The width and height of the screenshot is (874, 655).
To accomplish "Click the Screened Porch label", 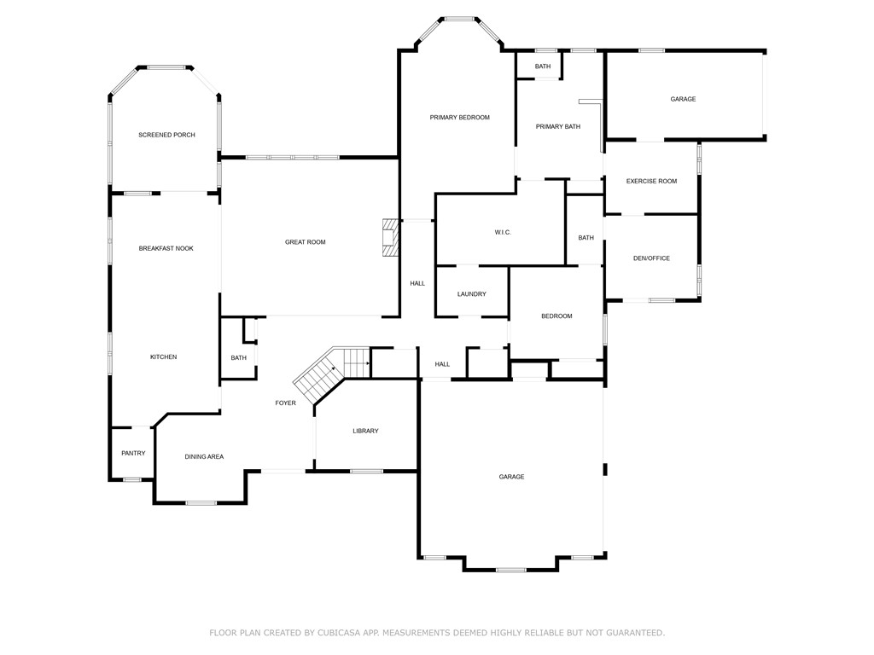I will (166, 135).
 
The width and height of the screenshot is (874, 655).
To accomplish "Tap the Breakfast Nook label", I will (166, 248).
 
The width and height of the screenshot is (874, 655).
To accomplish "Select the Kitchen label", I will (163, 356).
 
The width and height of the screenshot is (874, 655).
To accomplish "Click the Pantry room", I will (133, 453).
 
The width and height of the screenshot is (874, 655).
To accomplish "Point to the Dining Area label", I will (204, 456).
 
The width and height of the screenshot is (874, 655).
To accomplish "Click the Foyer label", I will (285, 403).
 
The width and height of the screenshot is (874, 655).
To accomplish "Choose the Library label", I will (365, 431).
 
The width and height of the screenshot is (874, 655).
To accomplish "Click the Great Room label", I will (305, 242).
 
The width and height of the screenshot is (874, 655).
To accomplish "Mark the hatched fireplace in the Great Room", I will (390, 238).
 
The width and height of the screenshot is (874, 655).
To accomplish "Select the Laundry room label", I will (471, 294).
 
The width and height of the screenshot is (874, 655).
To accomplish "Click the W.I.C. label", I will (503, 232).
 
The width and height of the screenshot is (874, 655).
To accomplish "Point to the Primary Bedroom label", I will (459, 117).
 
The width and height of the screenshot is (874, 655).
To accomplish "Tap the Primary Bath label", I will (557, 126).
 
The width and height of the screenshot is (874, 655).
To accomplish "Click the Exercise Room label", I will (651, 181).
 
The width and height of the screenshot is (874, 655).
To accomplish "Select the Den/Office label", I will (651, 258).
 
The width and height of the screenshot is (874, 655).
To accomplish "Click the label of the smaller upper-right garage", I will (683, 99).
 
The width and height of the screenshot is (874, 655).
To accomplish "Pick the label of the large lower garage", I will (511, 477).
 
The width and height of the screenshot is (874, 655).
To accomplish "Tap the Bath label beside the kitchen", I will (238, 357).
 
